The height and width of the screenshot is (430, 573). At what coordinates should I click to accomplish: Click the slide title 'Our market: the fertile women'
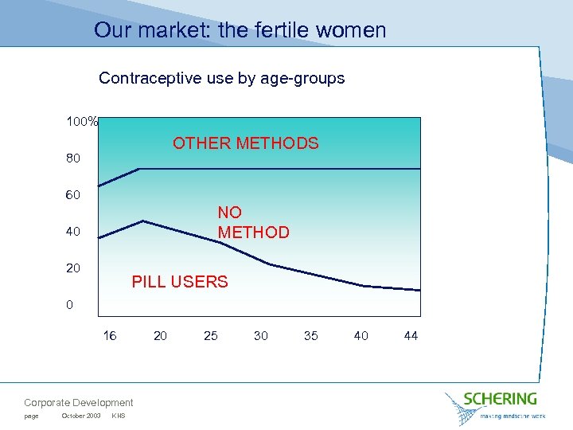click(240, 30)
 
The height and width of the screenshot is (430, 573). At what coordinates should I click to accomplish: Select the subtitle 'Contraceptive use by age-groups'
click(221, 78)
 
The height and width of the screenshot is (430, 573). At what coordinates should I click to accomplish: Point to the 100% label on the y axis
click(82, 122)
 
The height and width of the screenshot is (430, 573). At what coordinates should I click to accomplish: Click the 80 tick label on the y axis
click(72, 158)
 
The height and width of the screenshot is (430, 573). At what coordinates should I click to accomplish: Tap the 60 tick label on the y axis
click(72, 195)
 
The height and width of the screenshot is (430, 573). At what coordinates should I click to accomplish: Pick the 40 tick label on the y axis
click(72, 232)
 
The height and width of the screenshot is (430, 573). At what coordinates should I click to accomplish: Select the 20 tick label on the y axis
click(72, 268)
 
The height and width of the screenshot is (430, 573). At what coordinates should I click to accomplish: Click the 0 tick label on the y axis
click(70, 305)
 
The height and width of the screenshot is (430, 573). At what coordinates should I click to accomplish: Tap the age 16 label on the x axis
click(110, 336)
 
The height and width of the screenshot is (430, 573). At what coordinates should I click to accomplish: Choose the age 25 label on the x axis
click(210, 336)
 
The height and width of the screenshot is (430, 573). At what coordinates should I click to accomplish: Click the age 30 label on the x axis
click(260, 336)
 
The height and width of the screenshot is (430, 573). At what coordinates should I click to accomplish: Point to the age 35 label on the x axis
click(310, 336)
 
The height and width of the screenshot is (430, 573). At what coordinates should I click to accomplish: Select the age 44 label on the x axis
click(411, 336)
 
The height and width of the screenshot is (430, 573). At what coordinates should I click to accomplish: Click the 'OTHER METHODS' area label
click(245, 143)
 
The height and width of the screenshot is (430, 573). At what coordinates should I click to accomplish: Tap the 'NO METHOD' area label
click(253, 222)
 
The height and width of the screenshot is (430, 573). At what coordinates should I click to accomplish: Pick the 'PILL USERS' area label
click(179, 282)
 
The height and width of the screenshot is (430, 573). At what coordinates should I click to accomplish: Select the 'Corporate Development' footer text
click(79, 403)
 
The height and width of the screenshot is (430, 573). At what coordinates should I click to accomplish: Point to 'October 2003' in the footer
click(80, 416)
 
